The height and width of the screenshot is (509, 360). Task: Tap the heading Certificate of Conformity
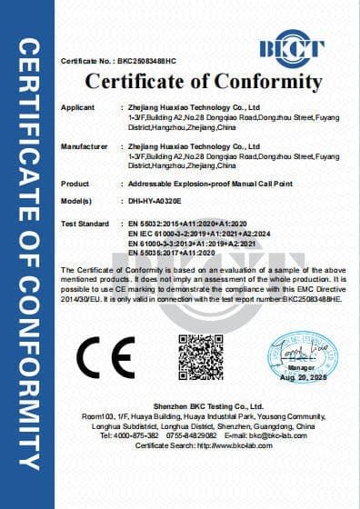click(204, 83)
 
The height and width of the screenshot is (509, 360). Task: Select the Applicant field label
click(77, 108)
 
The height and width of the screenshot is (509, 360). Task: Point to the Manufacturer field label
click(85, 145)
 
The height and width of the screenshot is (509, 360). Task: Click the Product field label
click(75, 183)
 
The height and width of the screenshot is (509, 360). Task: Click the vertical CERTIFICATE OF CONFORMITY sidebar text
click(26, 254)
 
